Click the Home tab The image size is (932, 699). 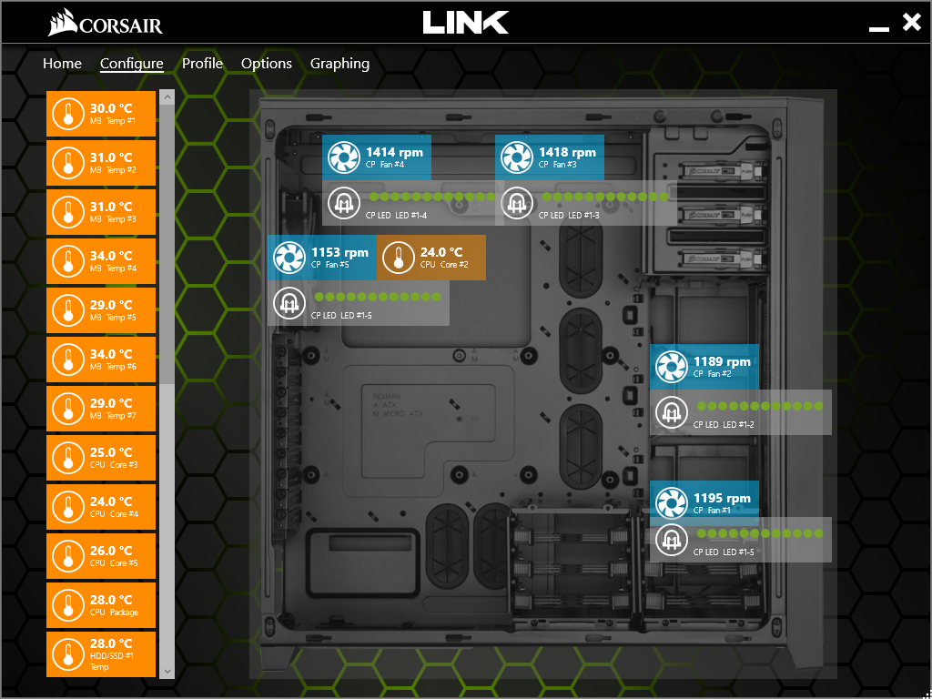pos(62,64)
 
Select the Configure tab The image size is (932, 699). pos(132,64)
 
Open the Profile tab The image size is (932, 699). pos(202,64)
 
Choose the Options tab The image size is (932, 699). pos(267,64)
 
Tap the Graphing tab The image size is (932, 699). pos(339,64)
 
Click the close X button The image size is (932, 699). pos(911,23)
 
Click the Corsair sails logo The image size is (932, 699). pos(62,22)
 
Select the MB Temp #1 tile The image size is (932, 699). pos(101,114)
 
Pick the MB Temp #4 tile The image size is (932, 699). pos(101,261)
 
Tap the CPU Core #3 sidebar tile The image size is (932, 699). pos(101,458)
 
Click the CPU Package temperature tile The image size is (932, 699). pos(101,605)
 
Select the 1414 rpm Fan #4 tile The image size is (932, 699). pos(377,157)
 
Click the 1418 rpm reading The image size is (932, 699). pos(567,152)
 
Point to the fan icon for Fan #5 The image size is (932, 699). pos(289,258)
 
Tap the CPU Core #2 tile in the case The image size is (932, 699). pos(431,258)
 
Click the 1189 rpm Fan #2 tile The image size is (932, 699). pos(704,367)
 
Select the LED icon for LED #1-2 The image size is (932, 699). pos(672,412)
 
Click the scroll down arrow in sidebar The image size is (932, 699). pos(167,671)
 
